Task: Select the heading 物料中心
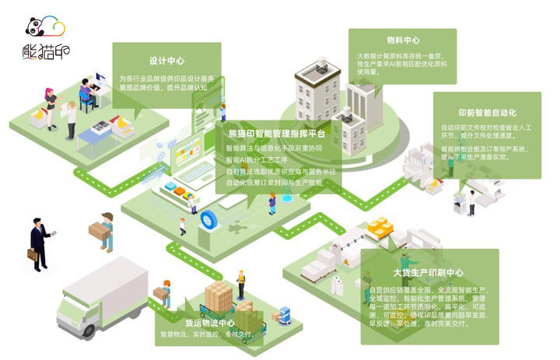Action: click(403, 40)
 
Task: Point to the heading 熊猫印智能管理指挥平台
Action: click(277, 133)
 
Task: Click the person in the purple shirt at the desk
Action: click(86, 95)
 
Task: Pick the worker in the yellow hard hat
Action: click(240, 284)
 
